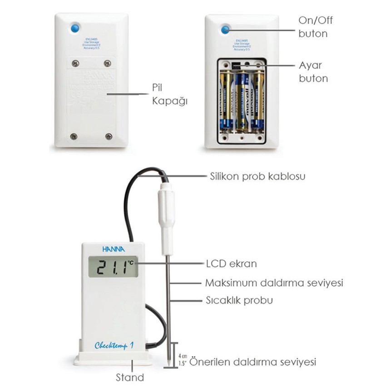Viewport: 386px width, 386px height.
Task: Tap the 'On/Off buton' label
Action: click(313, 26)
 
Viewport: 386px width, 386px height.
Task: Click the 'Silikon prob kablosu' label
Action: click(257, 176)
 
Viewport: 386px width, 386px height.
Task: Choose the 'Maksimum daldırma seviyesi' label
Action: click(274, 283)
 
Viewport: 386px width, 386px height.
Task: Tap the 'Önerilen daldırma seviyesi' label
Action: click(252, 362)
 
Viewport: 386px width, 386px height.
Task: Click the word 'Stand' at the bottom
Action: click(130, 377)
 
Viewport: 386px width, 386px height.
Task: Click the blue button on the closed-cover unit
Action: click(75, 28)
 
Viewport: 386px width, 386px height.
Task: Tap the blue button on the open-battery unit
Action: click(225, 30)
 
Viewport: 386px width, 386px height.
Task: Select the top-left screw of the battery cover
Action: click(76, 63)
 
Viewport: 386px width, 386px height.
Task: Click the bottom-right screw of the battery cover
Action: click(109, 136)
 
